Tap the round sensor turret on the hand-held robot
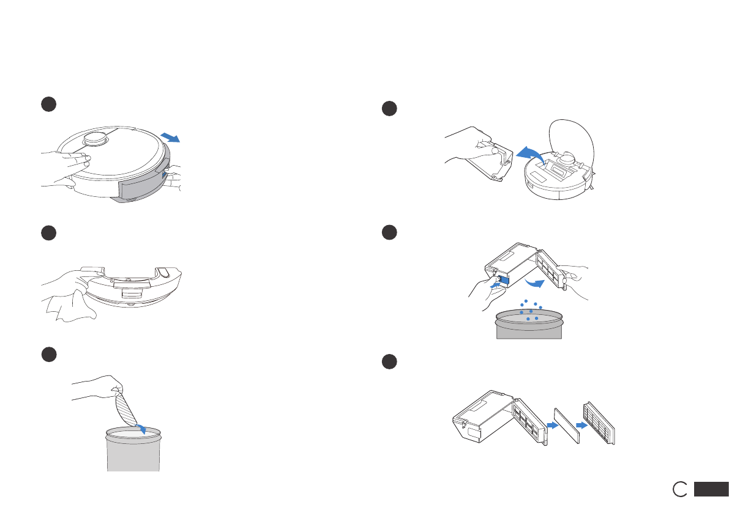[x=97, y=138]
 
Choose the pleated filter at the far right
[x=599, y=423]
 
